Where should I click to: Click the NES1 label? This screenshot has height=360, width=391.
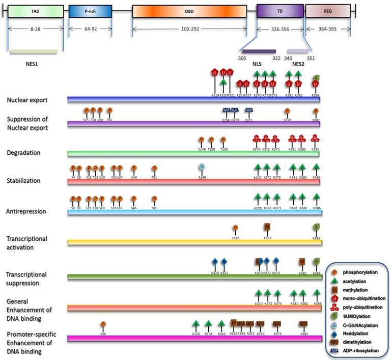33,65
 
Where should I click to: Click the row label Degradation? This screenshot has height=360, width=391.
22,152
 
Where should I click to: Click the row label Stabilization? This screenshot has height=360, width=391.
23,181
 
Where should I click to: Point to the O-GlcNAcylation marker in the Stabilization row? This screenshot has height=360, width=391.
202,167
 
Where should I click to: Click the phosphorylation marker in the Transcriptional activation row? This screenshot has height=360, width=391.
235,229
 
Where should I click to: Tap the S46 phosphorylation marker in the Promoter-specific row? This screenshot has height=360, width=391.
103,324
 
